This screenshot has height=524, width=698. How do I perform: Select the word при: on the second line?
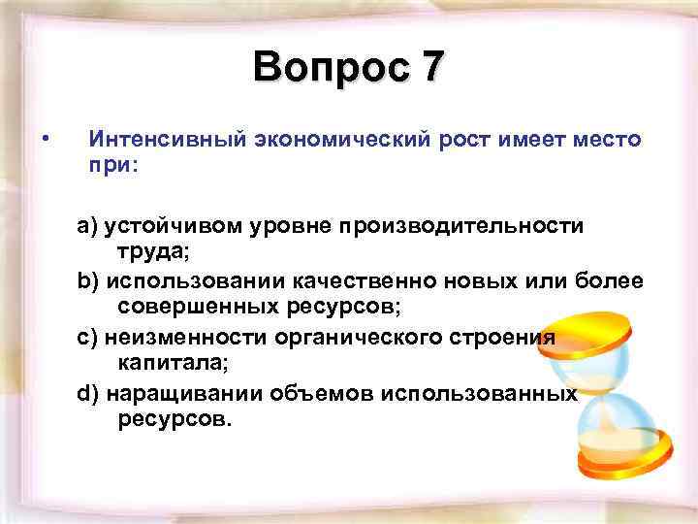(x=114, y=166)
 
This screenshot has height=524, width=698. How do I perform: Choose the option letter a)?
(x=88, y=226)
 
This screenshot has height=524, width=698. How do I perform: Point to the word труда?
(x=155, y=252)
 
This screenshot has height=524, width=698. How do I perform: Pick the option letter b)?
(x=88, y=281)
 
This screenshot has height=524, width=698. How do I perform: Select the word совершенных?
(x=198, y=308)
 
